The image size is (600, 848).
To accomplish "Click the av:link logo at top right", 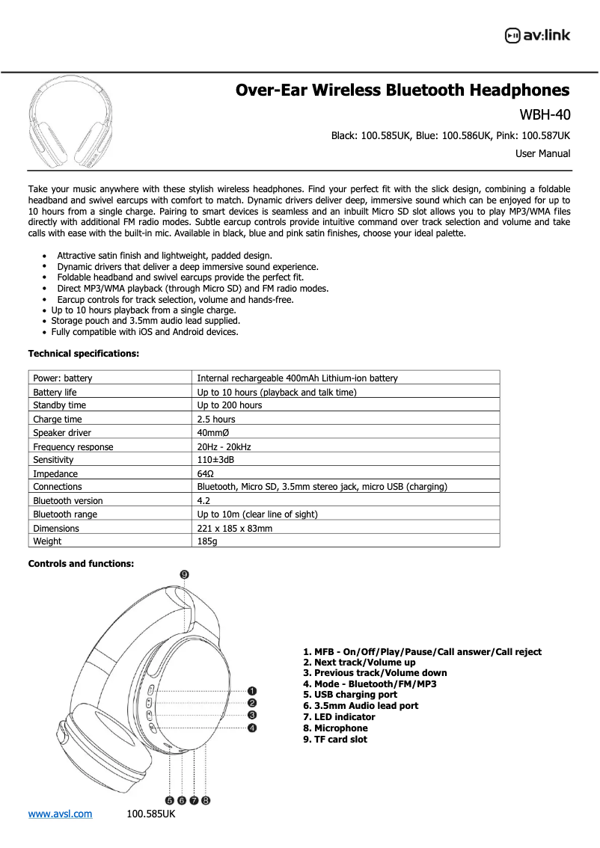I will (537, 35).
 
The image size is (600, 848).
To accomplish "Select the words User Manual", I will (542, 154).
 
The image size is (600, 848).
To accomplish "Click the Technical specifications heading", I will (83, 353).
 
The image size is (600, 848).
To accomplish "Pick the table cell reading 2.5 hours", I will (216, 420).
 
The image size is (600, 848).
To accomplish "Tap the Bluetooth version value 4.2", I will (203, 501).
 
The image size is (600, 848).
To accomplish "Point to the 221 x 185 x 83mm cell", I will (234, 528).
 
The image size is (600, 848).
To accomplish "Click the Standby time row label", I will (59, 405).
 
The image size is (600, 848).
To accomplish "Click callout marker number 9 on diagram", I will (184, 574).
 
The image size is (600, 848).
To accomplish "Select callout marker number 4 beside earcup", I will (253, 727).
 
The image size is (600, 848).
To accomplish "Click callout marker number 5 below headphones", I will (170, 800).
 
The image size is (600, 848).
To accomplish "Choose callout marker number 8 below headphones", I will (206, 800).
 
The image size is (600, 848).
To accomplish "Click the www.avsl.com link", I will (60, 814).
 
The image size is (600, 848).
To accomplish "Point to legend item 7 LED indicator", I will (339, 717).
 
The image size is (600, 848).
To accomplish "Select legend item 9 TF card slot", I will (335, 740).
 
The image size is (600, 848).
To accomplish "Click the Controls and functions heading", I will (81, 564).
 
